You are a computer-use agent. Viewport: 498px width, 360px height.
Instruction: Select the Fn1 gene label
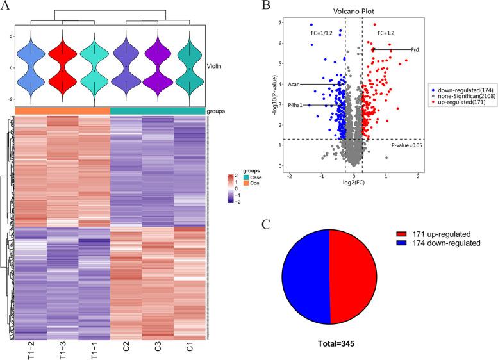(x=415, y=49)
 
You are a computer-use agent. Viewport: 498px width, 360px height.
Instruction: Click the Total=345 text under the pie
(x=329, y=343)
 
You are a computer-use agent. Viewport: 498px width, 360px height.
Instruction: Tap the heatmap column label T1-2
(x=29, y=350)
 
